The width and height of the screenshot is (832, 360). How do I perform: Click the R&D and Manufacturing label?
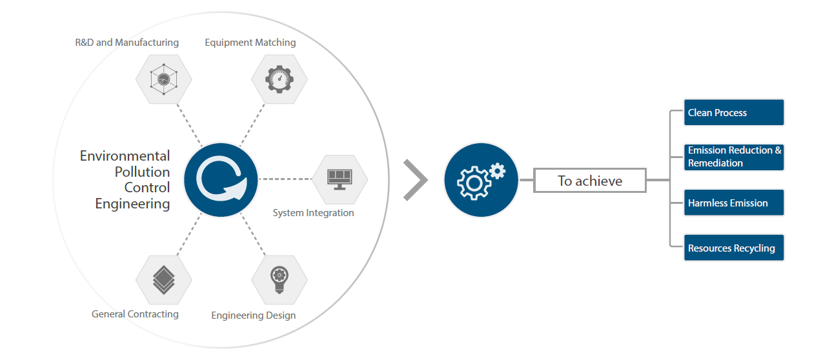(127, 43)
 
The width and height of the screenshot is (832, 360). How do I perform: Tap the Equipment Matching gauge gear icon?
(279, 79)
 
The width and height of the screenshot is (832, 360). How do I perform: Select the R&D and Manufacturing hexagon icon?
(163, 79)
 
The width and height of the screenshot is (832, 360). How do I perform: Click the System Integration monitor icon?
(340, 178)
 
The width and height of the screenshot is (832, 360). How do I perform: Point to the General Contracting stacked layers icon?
(163, 279)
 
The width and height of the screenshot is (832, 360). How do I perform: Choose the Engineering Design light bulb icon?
(279, 279)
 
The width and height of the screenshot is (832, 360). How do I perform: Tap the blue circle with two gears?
(481, 179)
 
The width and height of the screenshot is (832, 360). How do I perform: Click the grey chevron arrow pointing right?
(415, 180)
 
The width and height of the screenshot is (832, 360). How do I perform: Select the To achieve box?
(589, 181)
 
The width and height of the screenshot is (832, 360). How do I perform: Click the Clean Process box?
(734, 113)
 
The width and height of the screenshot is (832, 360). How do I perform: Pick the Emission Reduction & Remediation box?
(734, 157)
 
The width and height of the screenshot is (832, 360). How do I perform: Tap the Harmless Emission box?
(734, 203)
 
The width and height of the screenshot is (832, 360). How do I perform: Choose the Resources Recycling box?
(734, 248)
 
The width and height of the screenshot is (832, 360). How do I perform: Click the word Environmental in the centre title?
(125, 156)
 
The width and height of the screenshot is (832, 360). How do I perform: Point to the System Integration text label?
(313, 213)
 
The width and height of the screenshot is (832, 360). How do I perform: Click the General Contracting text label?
(135, 314)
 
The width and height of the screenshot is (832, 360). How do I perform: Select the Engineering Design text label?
(254, 315)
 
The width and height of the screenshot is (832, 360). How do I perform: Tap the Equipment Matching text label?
(250, 43)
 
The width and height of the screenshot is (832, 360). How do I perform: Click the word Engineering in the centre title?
(132, 204)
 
